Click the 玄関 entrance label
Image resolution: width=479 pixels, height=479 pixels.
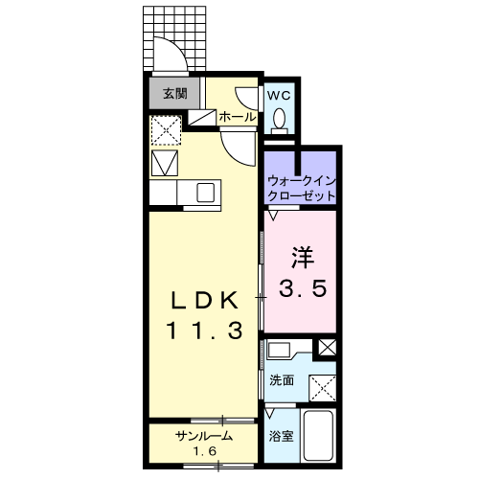point(175,94)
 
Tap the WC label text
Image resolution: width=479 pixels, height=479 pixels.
point(279,95)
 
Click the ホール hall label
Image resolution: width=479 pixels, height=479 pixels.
point(238,117)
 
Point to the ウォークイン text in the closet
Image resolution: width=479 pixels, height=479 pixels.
point(301,181)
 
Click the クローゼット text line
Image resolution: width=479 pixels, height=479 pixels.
point(301,195)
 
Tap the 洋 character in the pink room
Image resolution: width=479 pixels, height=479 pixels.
point(303,258)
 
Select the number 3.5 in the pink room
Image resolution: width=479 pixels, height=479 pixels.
point(303,287)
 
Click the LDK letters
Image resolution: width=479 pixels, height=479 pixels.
point(205,300)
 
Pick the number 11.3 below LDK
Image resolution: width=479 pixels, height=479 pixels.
point(204,330)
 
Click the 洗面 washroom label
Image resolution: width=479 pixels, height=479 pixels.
point(282,380)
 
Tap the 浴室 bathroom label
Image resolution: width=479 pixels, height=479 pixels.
point(281,436)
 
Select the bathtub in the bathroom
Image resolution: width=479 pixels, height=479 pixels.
point(318,436)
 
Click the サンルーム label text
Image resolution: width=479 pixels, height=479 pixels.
point(204,436)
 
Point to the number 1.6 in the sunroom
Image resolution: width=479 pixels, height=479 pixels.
point(204,451)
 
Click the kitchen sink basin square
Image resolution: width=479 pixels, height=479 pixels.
point(205,193)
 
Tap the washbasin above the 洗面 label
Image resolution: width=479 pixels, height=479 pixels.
point(279,351)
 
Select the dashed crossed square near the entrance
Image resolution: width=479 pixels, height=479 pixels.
point(166,130)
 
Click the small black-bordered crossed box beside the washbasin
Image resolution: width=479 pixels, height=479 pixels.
point(327,348)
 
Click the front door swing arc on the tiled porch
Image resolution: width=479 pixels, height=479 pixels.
point(175,48)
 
